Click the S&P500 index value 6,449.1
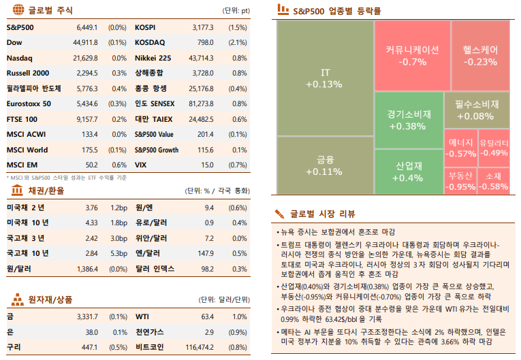pos(86,28)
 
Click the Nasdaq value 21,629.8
pos(86,58)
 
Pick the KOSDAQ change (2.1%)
pos(238,43)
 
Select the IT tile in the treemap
pos(324,78)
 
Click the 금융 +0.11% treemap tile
pos(324,166)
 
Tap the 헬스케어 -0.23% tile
pos(480,56)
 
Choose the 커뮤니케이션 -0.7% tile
pos(412,56)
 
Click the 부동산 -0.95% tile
pos(460,182)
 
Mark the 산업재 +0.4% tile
pos(409,171)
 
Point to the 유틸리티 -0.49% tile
pos(494,148)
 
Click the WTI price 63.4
pos(207,316)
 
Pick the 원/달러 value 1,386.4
pos(84,269)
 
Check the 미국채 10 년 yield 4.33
pos(91,223)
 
